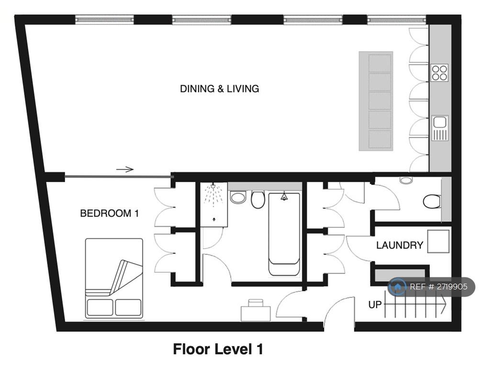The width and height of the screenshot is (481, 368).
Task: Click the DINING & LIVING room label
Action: pyautogui.click(x=219, y=89)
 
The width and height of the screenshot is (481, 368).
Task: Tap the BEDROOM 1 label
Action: pyautogui.click(x=110, y=213)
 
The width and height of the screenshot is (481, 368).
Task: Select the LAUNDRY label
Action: pyautogui.click(x=400, y=245)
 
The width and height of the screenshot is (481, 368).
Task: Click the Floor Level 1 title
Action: pyautogui.click(x=218, y=349)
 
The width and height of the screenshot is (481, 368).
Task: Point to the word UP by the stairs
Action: pyautogui.click(x=375, y=305)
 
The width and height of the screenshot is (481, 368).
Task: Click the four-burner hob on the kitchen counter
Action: pyautogui.click(x=439, y=73)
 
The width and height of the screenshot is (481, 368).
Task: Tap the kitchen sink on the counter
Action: pyautogui.click(x=440, y=128)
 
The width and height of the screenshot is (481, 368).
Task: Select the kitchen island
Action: pyautogui.click(x=376, y=101)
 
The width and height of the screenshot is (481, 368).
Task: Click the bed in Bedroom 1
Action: pyautogui.click(x=114, y=278)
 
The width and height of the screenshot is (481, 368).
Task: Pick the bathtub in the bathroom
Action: pyautogui.click(x=284, y=234)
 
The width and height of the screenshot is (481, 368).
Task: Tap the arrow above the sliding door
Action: pyautogui.click(x=125, y=169)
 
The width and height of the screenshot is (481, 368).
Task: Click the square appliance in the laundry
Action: pyautogui.click(x=438, y=241)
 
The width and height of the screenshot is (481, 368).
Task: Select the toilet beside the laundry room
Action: pyautogui.click(x=432, y=202)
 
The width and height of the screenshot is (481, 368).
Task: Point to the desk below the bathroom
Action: pyautogui.click(x=256, y=311)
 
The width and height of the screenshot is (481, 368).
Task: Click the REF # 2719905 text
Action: pyautogui.click(x=439, y=287)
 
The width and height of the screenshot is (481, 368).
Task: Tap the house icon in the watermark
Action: pyautogui.click(x=397, y=287)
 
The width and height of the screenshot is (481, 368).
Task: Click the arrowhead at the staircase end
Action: pyautogui.click(x=443, y=304)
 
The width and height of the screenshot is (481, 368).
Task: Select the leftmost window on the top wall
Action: pyautogui.click(x=105, y=20)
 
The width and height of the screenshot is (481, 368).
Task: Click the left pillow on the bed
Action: pyautogui.click(x=100, y=307)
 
